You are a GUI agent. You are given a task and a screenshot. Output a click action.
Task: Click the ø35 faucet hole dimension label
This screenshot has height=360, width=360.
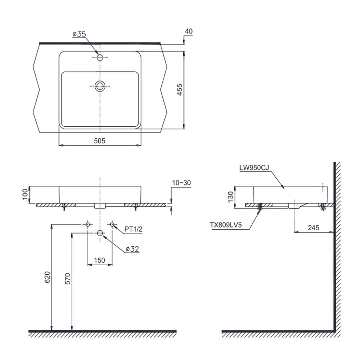click(x=79, y=34)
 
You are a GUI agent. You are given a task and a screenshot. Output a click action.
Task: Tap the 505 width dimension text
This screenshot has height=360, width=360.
click(x=99, y=141)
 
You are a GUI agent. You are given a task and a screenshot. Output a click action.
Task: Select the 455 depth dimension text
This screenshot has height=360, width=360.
click(x=180, y=90)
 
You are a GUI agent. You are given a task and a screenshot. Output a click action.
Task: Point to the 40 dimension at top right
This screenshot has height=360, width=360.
click(x=189, y=31)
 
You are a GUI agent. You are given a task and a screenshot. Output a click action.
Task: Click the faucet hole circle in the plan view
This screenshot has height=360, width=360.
click(x=100, y=57)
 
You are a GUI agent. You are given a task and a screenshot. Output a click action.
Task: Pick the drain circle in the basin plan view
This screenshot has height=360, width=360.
click(x=100, y=86)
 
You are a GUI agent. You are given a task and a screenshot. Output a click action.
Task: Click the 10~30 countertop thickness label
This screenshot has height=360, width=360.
click(x=181, y=183)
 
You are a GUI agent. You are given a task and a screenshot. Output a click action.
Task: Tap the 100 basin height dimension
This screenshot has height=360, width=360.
click(x=25, y=194)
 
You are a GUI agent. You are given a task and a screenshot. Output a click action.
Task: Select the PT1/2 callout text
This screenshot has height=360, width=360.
click(x=134, y=229)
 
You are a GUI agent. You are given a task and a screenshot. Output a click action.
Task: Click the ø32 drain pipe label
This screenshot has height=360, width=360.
click(x=132, y=249)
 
